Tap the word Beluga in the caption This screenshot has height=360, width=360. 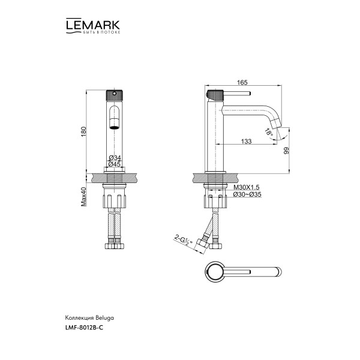click(x=103, y=316)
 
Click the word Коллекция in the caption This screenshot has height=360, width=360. click(x=77, y=316)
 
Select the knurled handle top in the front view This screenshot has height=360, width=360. click(x=114, y=97)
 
